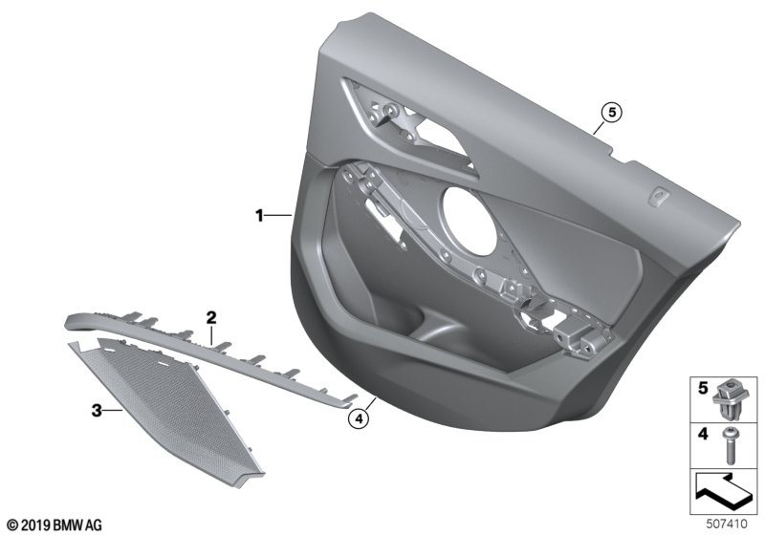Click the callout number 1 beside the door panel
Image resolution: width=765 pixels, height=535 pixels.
coord(260,215)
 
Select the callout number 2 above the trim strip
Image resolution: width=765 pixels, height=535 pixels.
coord(210,318)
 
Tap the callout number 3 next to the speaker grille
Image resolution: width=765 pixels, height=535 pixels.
coord(98,411)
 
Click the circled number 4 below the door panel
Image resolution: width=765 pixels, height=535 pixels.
coord(359,419)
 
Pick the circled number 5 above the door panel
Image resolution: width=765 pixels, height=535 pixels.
coord(612,113)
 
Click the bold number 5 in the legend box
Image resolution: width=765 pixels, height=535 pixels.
coord(703,388)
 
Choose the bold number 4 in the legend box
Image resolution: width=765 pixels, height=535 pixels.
coord(703,434)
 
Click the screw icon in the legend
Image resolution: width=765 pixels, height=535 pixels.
coord(730,445)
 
